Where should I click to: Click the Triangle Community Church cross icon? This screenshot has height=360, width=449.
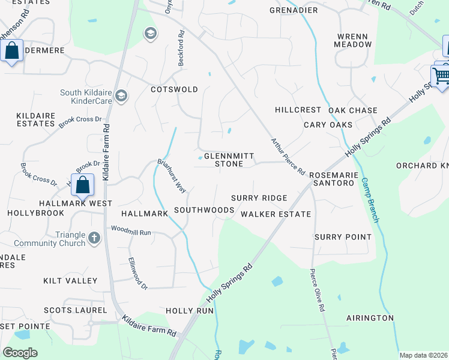point(94,238)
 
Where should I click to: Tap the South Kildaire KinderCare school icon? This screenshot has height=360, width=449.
point(121,96)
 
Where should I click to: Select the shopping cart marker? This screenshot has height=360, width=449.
point(441,76)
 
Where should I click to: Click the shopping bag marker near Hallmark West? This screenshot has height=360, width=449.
point(83,185)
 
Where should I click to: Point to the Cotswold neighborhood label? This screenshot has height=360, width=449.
point(174,89)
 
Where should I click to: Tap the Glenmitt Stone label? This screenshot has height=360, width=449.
point(224,159)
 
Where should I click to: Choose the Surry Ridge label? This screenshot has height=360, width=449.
point(259,198)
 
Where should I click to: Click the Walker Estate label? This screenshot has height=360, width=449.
point(276,214)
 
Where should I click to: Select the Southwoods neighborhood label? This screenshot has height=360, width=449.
point(203,210)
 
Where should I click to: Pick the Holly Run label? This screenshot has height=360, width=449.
point(190,311)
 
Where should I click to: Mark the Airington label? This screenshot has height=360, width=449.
point(370,317)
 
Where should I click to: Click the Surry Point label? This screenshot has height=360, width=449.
point(343,237)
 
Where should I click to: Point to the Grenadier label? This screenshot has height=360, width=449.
point(294,11)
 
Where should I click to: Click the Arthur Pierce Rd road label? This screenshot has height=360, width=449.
point(288,156)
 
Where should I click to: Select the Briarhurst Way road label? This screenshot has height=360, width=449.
point(172,176)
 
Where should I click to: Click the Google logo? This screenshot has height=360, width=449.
point(20,353)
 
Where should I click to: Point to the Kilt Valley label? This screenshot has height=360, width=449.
point(70,281)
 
